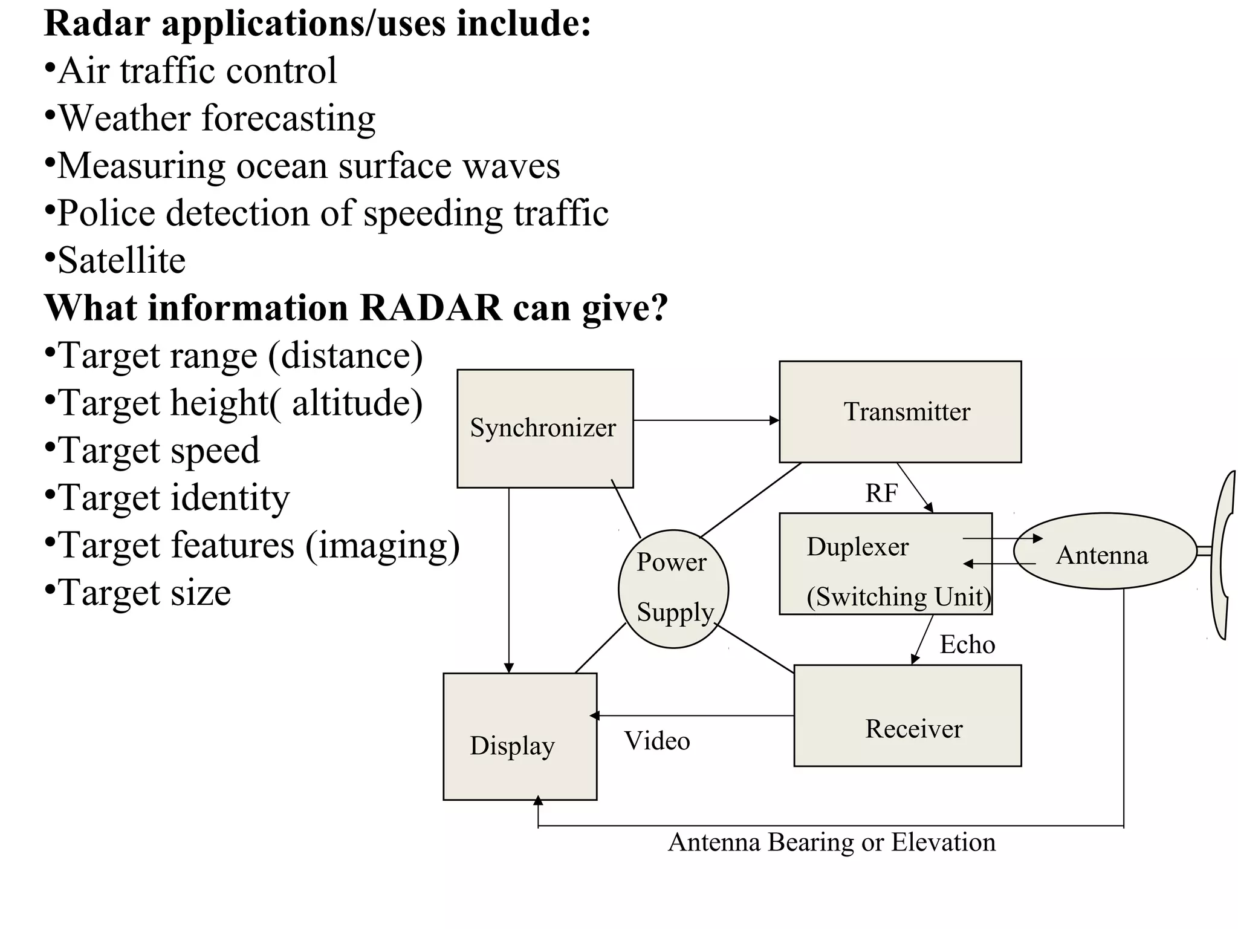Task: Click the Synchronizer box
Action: pos(545,428)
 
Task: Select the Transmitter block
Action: pos(899,412)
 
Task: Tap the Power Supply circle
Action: pos(673,588)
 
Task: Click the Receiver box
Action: pos(907,716)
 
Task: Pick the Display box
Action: pos(520,737)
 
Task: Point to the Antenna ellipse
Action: pos(1104,552)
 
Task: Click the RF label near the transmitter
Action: pos(881,494)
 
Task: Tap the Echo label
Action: pos(967,645)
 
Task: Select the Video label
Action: pos(657,742)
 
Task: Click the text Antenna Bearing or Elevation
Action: pos(832,843)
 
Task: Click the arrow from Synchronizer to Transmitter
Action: pos(706,420)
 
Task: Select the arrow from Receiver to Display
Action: pos(692,716)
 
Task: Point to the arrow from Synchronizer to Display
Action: pos(509,581)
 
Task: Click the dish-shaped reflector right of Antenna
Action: pos(1223,555)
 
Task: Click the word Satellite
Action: pos(122,261)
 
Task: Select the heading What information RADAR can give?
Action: pos(356,308)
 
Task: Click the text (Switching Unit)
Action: pos(899,597)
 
